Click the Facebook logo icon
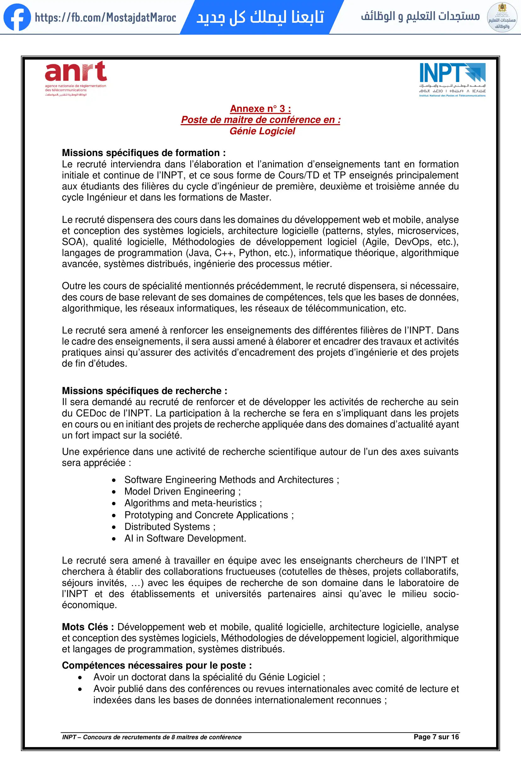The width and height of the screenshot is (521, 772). [17, 17]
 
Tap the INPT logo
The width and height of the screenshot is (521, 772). [452, 80]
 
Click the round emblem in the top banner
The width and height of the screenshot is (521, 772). [502, 17]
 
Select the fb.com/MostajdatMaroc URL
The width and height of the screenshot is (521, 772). [105, 17]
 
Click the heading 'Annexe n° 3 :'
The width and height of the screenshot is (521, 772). [260, 109]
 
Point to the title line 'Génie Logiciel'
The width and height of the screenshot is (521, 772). [262, 131]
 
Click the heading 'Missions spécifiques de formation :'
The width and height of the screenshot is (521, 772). [144, 153]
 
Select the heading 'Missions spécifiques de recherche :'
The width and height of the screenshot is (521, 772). [144, 391]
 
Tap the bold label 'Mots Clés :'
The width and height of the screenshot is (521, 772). [88, 627]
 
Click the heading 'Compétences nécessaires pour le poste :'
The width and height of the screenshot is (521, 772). [157, 665]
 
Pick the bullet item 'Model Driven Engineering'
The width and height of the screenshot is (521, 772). [180, 491]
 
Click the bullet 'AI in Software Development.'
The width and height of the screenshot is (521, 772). [185, 538]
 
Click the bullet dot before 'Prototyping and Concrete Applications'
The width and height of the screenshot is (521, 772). [114, 515]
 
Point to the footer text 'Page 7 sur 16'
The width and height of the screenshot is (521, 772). [436, 737]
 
